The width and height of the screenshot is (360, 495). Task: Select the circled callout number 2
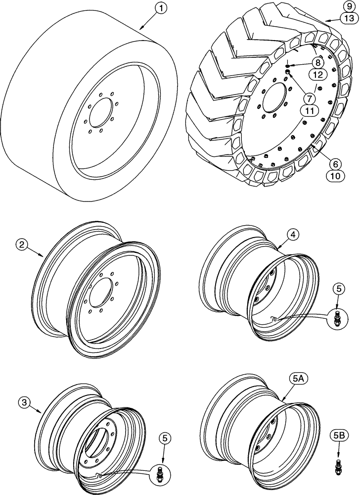click(21, 244)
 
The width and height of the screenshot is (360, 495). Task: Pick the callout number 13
click(348, 19)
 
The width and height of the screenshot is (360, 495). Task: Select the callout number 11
click(310, 111)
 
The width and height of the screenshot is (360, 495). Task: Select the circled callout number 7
click(310, 99)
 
